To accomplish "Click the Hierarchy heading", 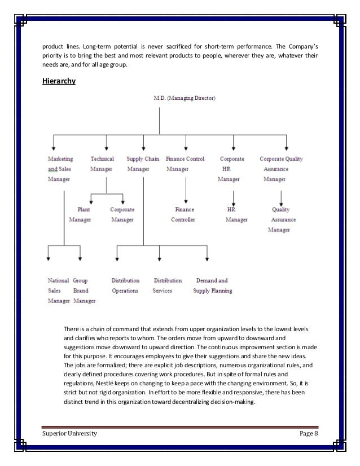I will point(59,81).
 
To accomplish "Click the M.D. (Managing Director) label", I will point(184,98).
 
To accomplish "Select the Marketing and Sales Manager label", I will point(60,169).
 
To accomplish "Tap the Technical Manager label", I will point(102,164).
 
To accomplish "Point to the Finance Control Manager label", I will point(185,164).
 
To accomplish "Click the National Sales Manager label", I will point(58,291).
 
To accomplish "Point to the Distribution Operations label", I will point(125,285).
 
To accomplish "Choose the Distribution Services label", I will point(167,285).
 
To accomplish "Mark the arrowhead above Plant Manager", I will point(91,201).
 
